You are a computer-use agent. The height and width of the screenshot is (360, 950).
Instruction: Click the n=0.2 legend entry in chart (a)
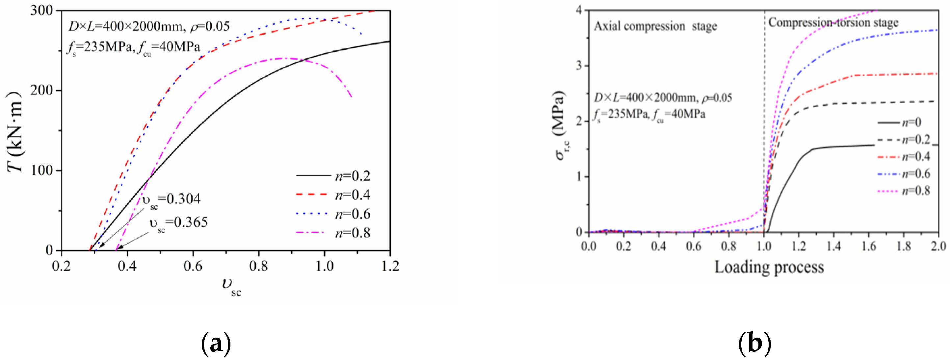click(x=333, y=176)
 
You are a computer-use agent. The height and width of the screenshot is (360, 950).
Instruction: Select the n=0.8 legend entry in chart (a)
click(x=333, y=233)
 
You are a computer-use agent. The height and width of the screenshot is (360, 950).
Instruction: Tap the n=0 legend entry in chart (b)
click(x=900, y=122)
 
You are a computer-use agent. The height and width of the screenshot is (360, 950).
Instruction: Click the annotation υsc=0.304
click(x=172, y=200)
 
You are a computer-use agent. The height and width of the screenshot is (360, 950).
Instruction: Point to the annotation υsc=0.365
click(x=178, y=223)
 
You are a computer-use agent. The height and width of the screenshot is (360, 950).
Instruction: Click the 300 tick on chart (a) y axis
click(x=41, y=10)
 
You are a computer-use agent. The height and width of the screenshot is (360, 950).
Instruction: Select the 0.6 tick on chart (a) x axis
click(x=193, y=266)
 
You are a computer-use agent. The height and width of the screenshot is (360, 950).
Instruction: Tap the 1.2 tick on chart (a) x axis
click(x=390, y=266)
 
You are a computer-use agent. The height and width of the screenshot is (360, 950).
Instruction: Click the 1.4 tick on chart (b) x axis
click(x=833, y=246)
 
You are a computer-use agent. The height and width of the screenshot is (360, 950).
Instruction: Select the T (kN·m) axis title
click(x=15, y=132)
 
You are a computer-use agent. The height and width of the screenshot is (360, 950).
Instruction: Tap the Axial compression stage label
click(x=655, y=26)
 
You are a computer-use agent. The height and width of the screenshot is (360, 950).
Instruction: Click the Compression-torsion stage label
click(x=833, y=22)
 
